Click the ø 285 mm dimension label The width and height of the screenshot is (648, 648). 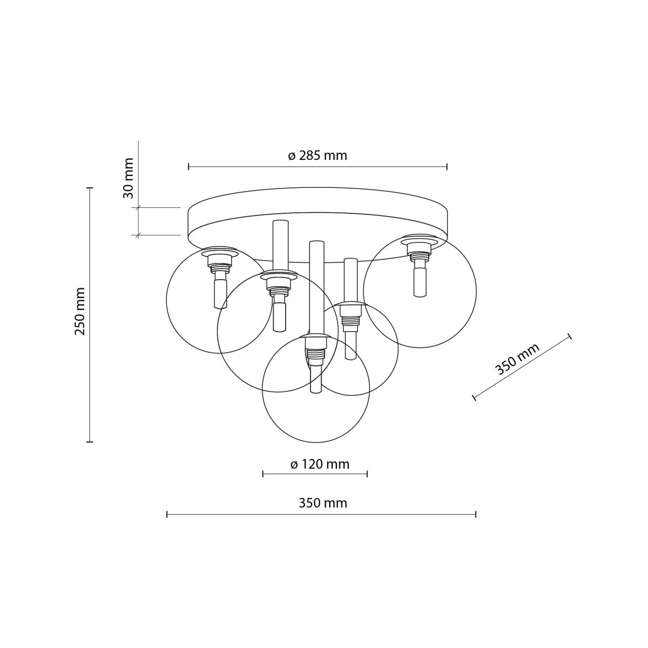coord(318,156)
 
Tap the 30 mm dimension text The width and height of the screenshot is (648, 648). coord(129,178)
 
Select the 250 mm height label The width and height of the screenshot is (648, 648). coord(80,311)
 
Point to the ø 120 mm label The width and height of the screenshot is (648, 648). coord(320,464)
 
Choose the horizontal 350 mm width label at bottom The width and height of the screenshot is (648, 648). coord(323,503)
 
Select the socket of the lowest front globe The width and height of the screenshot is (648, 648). coord(315,351)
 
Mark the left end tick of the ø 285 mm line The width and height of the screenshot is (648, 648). coord(188,167)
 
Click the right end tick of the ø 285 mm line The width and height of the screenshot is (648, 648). coord(447,167)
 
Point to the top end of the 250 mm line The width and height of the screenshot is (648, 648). coord(90,188)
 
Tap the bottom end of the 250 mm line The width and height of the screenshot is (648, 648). coord(90,442)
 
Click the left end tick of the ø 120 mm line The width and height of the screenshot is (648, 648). coord(263,474)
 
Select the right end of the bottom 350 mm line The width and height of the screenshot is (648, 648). coord(475,515)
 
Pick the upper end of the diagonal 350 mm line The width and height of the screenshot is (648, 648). coord(570,337)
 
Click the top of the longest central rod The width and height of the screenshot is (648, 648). coord(316,242)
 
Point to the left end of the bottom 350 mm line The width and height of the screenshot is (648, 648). coord(167,515)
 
